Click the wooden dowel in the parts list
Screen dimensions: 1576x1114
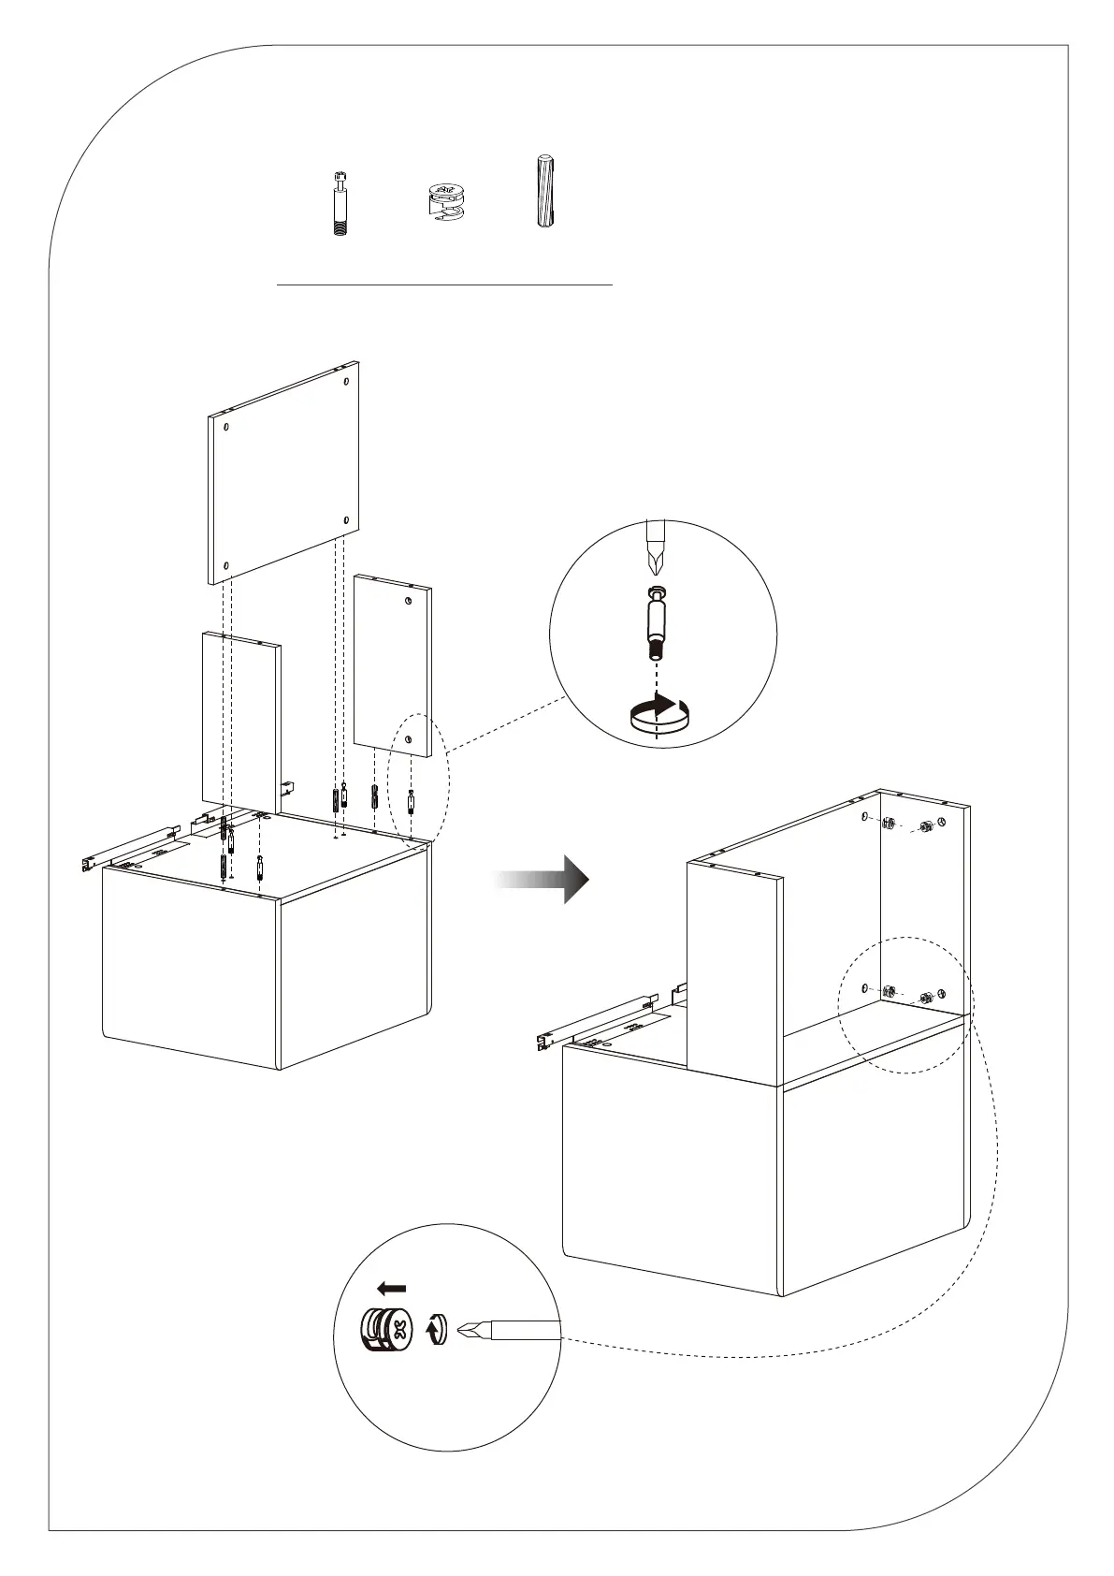[544, 192]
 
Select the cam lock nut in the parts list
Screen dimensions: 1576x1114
[444, 202]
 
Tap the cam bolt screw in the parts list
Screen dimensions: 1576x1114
[340, 203]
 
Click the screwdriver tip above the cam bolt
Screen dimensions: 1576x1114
[656, 552]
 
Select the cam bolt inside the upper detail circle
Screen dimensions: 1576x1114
[657, 620]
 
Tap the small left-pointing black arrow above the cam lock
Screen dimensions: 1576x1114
[392, 1288]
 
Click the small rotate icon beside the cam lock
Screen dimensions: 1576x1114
[436, 1329]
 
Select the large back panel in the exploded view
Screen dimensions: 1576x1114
[283, 473]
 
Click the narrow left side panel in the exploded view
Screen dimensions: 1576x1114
[240, 721]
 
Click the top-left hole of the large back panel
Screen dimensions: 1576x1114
[227, 426]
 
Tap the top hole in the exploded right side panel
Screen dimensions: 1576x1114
[409, 601]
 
